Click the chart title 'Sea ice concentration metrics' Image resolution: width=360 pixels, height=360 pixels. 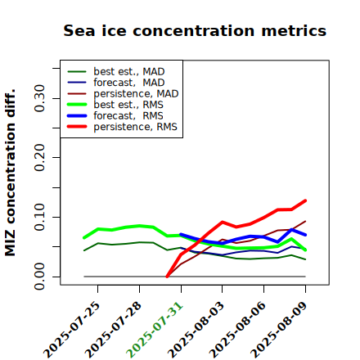pyautogui.click(x=195, y=30)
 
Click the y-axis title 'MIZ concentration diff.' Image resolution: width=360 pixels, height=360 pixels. pyautogui.click(x=10, y=173)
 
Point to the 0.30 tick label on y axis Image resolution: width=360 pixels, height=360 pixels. pyautogui.click(x=39, y=98)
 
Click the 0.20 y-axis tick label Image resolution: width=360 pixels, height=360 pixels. pyautogui.click(x=39, y=157)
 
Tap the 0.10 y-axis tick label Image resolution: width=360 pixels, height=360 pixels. pyautogui.click(x=39, y=217)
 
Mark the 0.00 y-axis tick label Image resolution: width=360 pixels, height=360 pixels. pyautogui.click(x=39, y=277)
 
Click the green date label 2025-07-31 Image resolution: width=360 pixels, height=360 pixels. pyautogui.click(x=155, y=330)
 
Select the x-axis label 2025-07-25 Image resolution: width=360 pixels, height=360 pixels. pyautogui.click(x=72, y=330)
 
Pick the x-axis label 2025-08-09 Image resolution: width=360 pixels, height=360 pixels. pyautogui.click(x=279, y=330)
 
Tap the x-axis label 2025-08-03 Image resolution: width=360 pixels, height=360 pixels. pyautogui.click(x=196, y=330)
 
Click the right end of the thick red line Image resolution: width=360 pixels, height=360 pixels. pyautogui.click(x=305, y=200)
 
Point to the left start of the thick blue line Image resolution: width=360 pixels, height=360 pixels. pyautogui.click(x=181, y=234)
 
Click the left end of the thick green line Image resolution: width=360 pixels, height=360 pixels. pyautogui.click(x=84, y=238)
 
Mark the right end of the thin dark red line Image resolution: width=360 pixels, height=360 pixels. pyautogui.click(x=305, y=221)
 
